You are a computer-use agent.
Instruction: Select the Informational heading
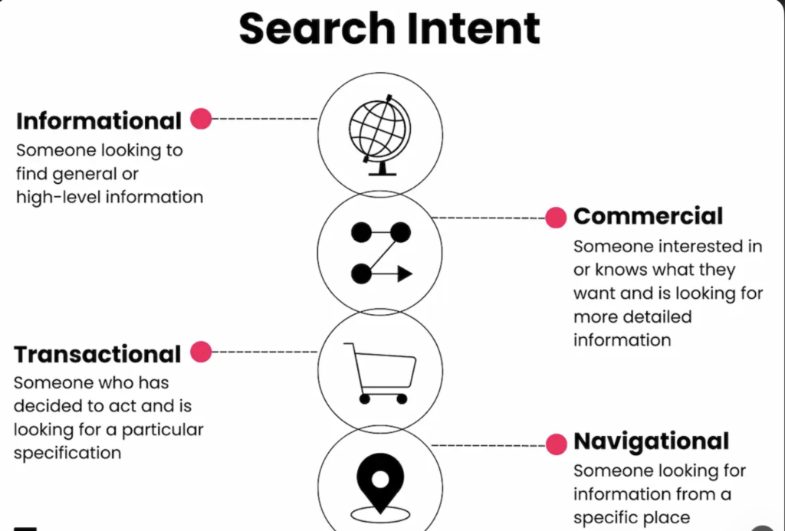point(99,121)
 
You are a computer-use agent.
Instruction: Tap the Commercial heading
point(648,217)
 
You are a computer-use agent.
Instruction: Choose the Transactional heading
point(97,355)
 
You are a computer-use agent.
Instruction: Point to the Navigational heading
point(651,442)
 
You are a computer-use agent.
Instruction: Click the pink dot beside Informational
point(201,119)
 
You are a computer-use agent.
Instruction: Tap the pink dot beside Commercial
point(556,218)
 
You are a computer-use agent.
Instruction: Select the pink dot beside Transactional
point(201,352)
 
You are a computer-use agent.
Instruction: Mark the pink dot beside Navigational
point(556,444)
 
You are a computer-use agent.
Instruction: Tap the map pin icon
point(379,483)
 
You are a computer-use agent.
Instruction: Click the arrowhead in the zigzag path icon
point(404,274)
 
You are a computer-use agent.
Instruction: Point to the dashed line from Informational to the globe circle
point(264,119)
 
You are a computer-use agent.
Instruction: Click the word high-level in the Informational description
point(58,197)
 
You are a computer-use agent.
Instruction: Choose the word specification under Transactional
point(67,453)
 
